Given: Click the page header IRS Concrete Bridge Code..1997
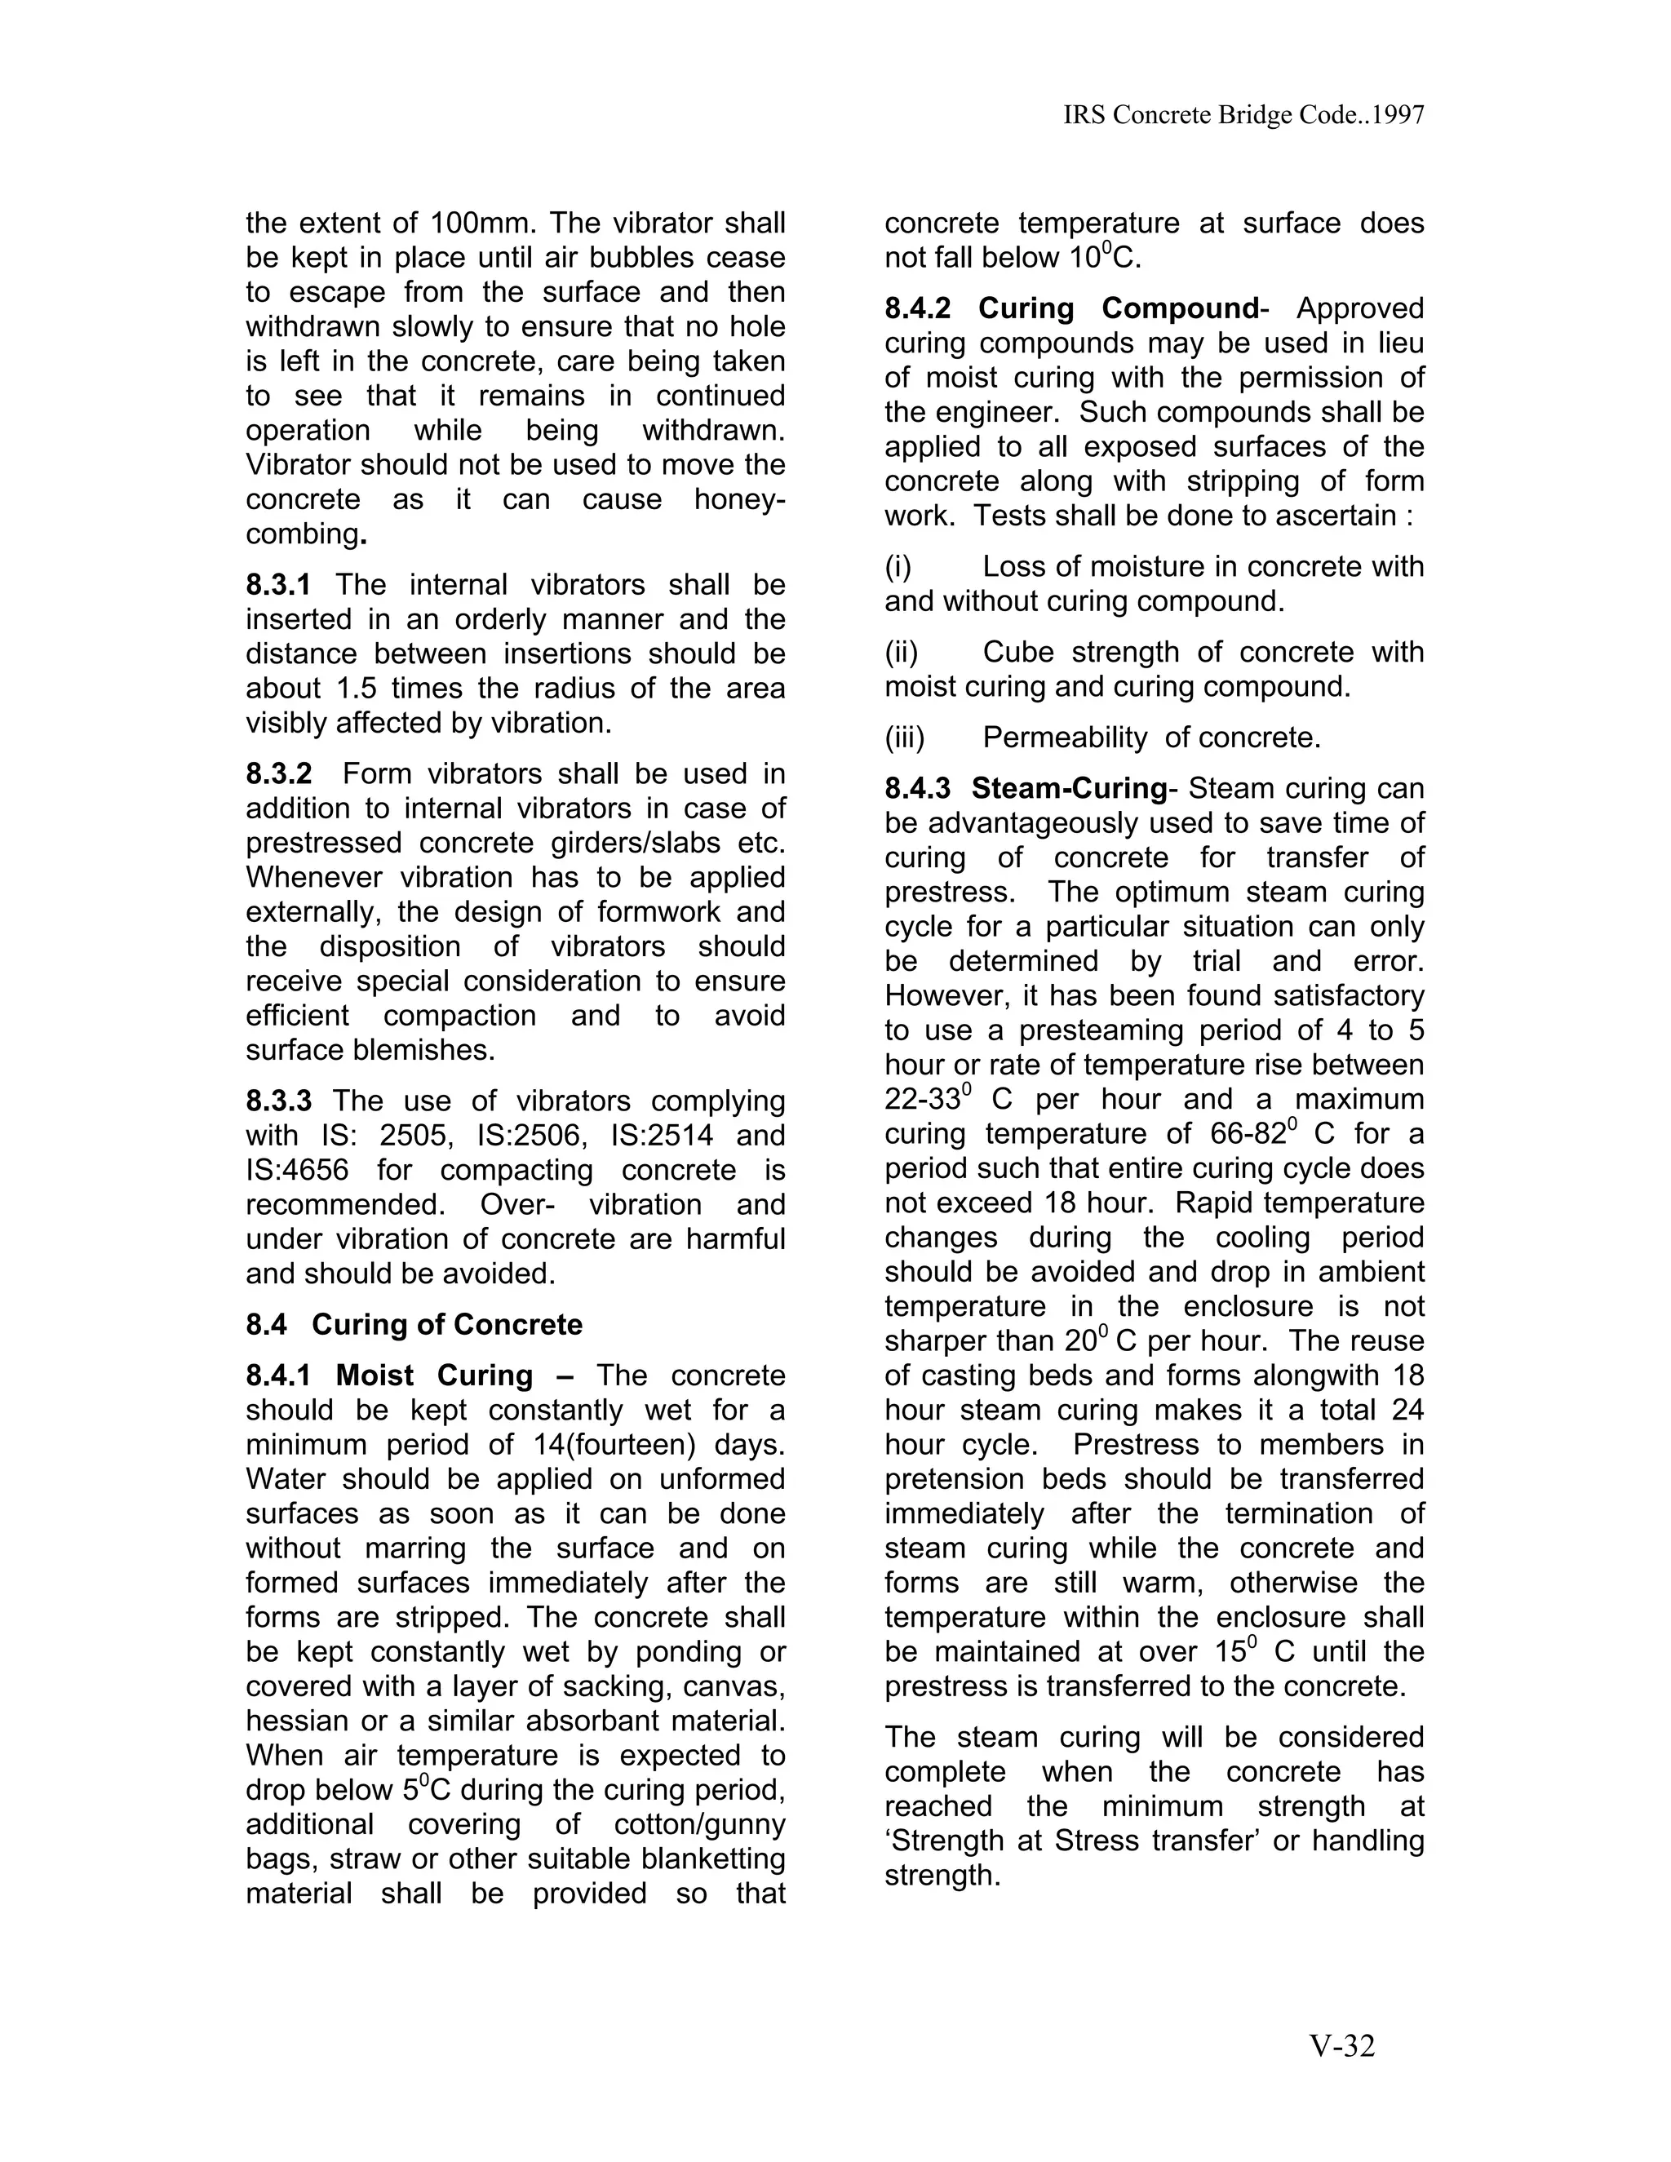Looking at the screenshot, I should click(x=1243, y=116).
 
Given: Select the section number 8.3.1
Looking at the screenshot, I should click(x=278, y=585).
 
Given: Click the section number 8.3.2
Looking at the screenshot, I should click(x=278, y=774).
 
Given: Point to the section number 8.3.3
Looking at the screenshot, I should click(x=278, y=1101).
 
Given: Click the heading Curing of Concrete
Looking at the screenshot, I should click(x=446, y=1324).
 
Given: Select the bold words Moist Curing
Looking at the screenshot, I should click(x=433, y=1376).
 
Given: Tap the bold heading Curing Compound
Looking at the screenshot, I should click(x=1118, y=309).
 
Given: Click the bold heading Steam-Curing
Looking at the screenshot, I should click(x=1069, y=789).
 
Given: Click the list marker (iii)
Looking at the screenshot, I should click(x=904, y=738).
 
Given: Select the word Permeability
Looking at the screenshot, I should click(x=1064, y=738).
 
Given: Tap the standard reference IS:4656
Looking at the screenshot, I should click(x=297, y=1170).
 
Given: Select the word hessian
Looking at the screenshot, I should click(x=294, y=1721).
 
